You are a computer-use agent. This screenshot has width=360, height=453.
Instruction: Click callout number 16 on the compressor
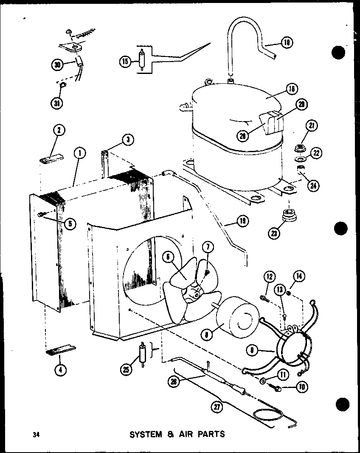[x=292, y=89]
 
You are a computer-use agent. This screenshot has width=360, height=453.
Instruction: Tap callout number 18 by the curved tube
[x=287, y=43]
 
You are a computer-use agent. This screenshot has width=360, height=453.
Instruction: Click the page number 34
[x=34, y=434]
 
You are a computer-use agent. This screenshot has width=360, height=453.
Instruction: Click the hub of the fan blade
[x=197, y=292]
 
